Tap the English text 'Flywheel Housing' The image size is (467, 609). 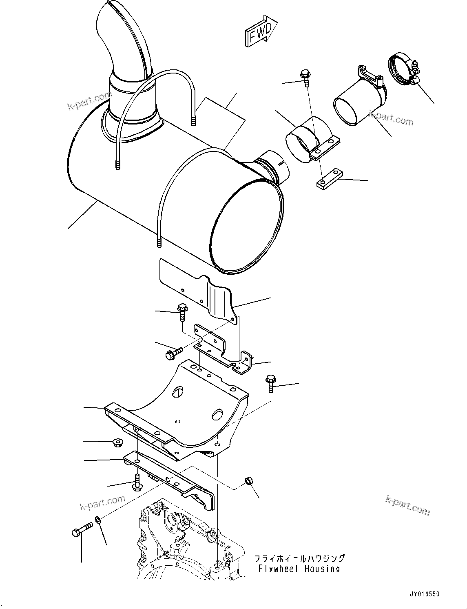299,569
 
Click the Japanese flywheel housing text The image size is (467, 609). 299,558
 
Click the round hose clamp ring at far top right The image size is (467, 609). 401,70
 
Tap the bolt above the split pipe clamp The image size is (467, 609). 305,77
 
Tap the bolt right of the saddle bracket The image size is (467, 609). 271,383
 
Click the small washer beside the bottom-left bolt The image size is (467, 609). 98,520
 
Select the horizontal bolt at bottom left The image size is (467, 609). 82,530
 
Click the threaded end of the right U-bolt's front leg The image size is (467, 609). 159,243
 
